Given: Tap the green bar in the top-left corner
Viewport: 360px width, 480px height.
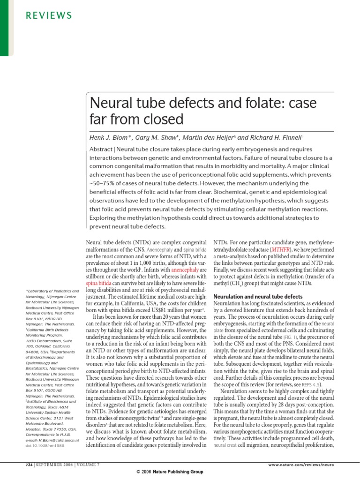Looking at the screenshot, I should [4, 28].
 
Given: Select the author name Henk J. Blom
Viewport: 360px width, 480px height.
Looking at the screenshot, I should [111, 137].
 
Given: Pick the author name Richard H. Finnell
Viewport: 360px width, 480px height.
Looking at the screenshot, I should [274, 137].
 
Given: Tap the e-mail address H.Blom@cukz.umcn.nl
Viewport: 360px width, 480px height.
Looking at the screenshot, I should [52, 441].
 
